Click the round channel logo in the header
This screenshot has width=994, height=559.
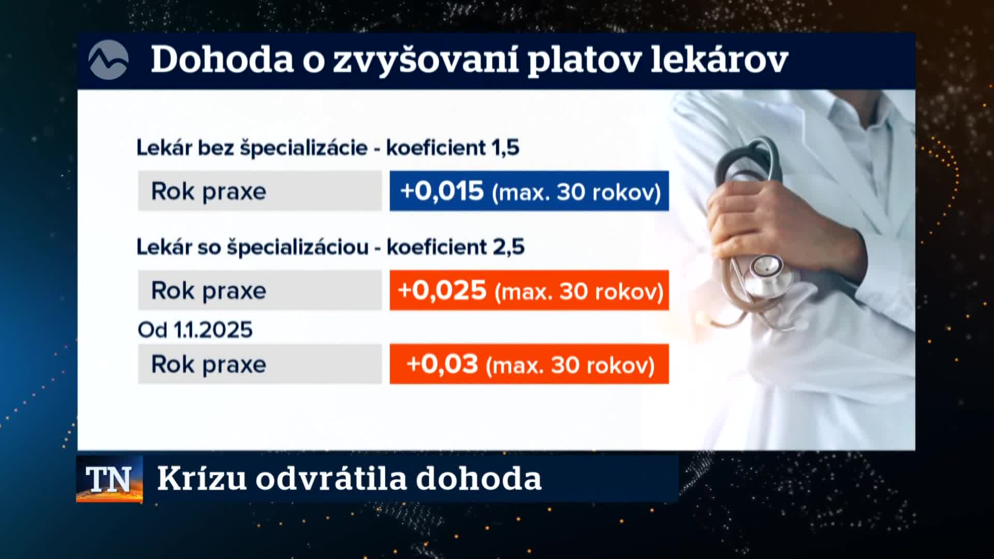[x=108, y=60]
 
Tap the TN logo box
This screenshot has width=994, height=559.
[x=109, y=479]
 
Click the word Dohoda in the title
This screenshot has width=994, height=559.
[x=222, y=60]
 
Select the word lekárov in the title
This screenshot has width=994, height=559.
[x=719, y=60]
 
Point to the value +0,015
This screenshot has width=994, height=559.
[x=442, y=191]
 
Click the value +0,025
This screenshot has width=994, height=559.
[x=442, y=290]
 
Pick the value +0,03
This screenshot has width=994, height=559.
[x=442, y=364]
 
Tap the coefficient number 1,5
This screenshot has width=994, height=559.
[x=505, y=148]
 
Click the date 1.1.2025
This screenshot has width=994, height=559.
[x=212, y=330]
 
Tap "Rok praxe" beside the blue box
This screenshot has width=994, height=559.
[x=209, y=192]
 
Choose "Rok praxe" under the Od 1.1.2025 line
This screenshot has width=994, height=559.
[x=209, y=364]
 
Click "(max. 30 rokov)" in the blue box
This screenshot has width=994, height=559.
[x=577, y=193]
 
